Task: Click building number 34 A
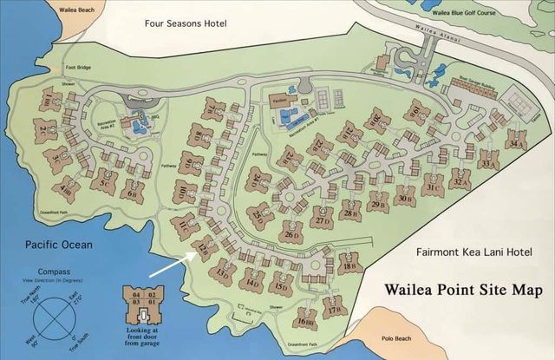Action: pos(517,143)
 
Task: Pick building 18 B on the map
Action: pos(349,266)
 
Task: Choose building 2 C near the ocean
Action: pos(43,132)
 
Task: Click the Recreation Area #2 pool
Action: pos(135,127)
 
